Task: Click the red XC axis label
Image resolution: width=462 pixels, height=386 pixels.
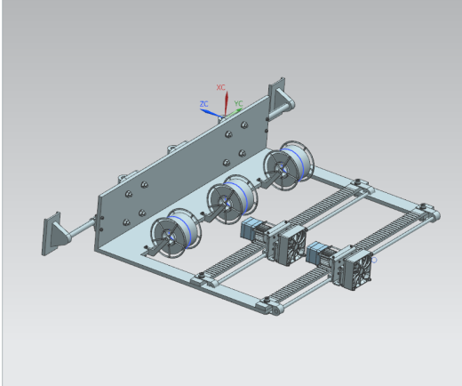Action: pos(221,87)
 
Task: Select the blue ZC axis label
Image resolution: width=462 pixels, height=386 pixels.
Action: pos(203,104)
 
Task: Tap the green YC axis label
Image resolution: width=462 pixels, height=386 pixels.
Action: pos(238,103)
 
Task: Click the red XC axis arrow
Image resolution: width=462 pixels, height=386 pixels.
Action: pos(227,103)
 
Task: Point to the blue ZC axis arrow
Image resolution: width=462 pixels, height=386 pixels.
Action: pos(211,113)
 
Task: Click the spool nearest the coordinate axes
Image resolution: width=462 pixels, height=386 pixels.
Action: pos(289,165)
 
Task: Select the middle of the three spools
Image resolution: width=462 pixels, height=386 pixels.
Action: pos(232,199)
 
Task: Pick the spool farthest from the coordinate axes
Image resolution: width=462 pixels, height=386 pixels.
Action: pos(176,233)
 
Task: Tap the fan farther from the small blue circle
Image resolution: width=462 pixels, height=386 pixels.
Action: pos(292,245)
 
